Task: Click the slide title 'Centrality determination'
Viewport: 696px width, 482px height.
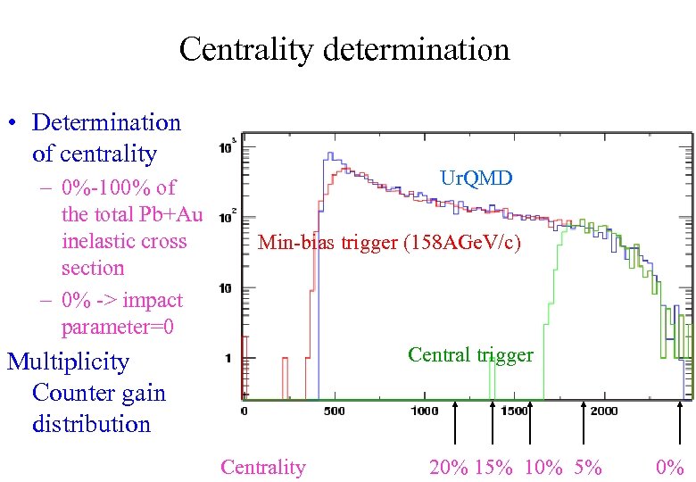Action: tap(344, 48)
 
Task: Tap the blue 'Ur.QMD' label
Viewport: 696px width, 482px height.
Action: tap(476, 179)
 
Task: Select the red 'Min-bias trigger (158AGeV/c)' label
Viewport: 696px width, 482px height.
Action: tap(389, 242)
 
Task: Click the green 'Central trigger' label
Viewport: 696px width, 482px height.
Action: tap(470, 354)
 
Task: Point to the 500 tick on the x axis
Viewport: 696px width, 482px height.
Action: tap(334, 411)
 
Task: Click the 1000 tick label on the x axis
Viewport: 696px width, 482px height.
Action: tap(424, 411)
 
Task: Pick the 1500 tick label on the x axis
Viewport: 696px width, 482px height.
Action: tap(514, 411)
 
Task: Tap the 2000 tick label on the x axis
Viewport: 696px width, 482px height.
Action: tap(604, 411)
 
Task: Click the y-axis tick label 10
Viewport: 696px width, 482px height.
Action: tap(226, 288)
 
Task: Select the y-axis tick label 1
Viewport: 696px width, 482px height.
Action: tap(229, 359)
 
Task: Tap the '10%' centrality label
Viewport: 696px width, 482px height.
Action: tap(543, 467)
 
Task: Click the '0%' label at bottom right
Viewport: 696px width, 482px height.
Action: tap(669, 467)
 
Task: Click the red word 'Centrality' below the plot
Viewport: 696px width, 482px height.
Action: tap(262, 467)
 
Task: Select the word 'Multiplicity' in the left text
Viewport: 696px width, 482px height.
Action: tap(68, 361)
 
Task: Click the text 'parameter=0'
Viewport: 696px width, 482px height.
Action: tap(117, 327)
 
